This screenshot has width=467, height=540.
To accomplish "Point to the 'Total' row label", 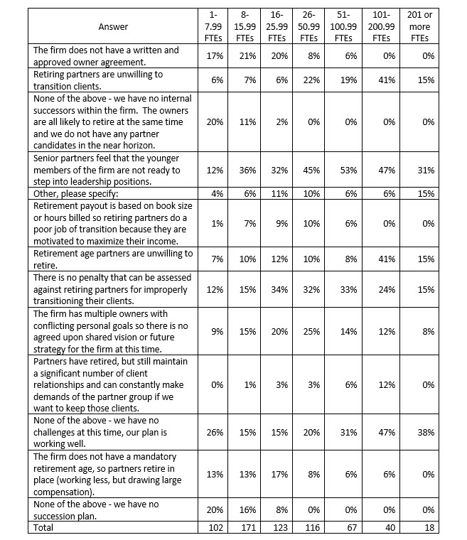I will tap(43, 527).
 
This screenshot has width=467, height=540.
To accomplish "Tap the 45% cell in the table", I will tap(308, 170).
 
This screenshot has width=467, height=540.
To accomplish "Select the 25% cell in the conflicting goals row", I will tap(308, 330).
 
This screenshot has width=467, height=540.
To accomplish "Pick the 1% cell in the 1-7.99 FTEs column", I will tap(213, 224).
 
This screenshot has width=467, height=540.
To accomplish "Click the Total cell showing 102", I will tap(213, 527).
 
